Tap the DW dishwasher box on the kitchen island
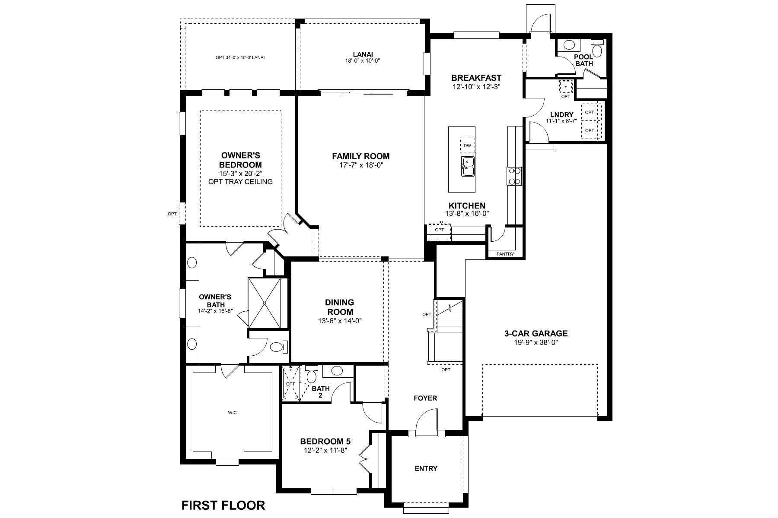(x=467, y=145)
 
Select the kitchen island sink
(x=467, y=166)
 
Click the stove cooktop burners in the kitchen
(x=514, y=176)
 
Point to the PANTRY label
(x=505, y=254)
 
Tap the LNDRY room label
(x=561, y=115)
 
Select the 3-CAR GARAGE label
(x=536, y=333)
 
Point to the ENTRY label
(x=426, y=468)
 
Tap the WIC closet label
(x=232, y=413)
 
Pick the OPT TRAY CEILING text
(x=240, y=181)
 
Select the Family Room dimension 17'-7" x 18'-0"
(x=360, y=165)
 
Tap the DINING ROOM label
(x=339, y=307)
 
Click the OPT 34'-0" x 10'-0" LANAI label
(x=240, y=57)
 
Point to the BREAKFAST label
(x=476, y=78)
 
